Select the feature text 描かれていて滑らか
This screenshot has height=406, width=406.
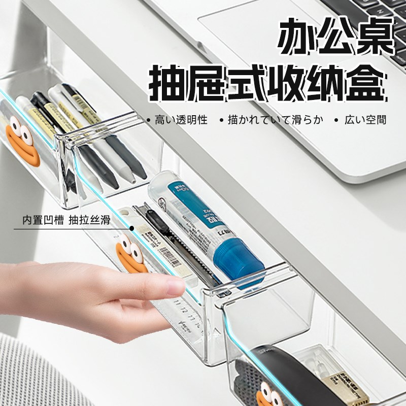275,120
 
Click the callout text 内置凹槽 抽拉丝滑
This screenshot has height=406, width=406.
66,221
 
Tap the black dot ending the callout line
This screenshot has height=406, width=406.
132,228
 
